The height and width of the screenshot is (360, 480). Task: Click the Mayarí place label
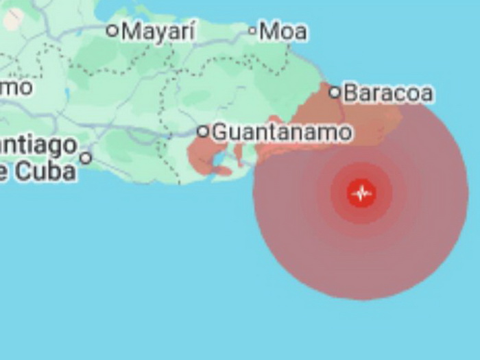point(158,31)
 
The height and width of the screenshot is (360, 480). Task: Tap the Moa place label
point(283,31)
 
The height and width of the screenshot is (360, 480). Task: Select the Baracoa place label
point(388,93)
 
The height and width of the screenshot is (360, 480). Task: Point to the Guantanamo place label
point(282,132)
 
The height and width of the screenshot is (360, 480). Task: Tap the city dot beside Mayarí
point(112,30)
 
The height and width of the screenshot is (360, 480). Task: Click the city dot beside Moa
point(252,30)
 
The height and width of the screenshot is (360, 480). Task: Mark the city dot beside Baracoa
point(335,92)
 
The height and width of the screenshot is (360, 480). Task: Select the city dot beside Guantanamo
point(203,131)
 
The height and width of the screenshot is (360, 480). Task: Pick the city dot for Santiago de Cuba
point(86,158)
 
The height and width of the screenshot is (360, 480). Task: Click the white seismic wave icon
point(361,193)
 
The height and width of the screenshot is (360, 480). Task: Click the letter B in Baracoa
point(350,93)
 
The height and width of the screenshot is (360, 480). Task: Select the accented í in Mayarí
point(192,30)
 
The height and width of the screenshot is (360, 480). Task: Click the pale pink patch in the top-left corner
point(12,19)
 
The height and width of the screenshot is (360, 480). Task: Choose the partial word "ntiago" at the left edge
point(38,145)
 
